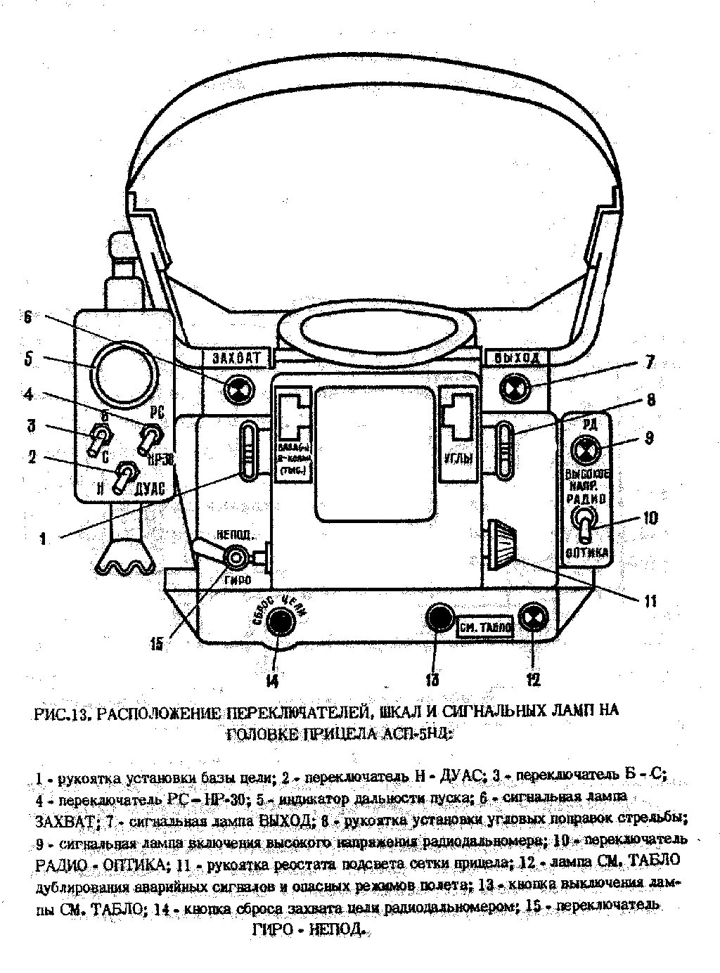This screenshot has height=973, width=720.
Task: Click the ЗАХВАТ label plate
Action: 236,357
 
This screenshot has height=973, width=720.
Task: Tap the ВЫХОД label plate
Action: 517,357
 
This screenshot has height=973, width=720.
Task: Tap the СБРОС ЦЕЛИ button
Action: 278,622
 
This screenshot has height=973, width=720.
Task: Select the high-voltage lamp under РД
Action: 585,449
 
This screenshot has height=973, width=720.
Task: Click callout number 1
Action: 43,539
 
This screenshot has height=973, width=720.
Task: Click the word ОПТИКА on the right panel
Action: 587,553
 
